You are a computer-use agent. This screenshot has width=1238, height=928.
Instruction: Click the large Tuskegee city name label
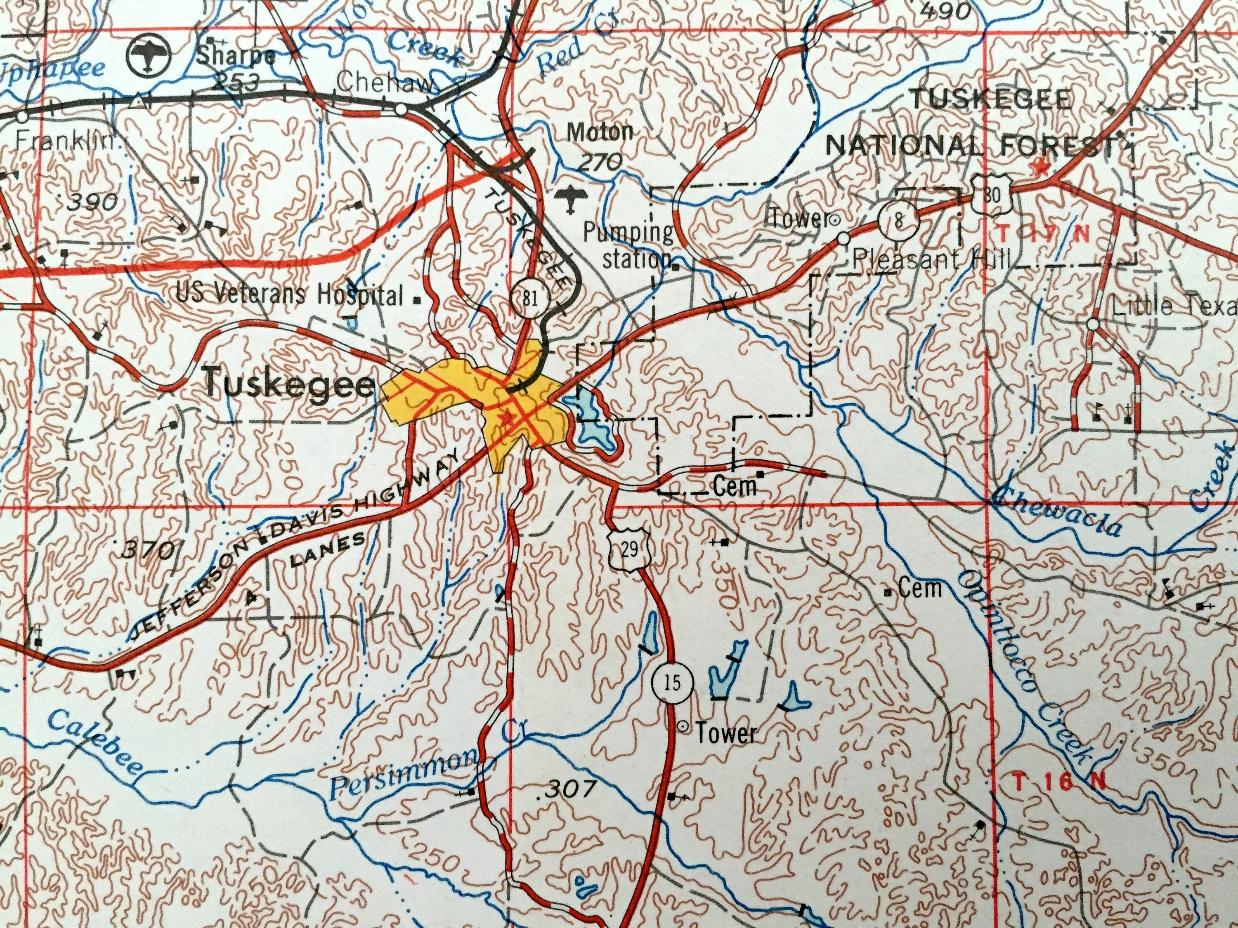(289, 384)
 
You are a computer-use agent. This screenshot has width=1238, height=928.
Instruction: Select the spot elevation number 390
(93, 203)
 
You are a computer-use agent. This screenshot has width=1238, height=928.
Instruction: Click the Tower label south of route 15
(725, 734)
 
